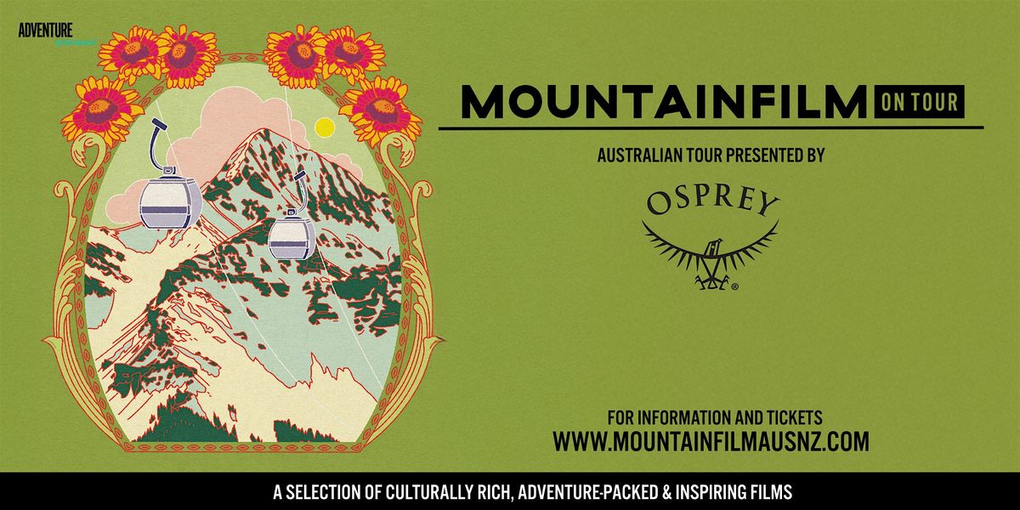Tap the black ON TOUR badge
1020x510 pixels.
(x=920, y=102)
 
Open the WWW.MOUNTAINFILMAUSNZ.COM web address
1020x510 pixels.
(x=711, y=442)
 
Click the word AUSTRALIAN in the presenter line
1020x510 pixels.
(x=637, y=156)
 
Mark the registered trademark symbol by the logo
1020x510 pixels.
(x=734, y=287)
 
